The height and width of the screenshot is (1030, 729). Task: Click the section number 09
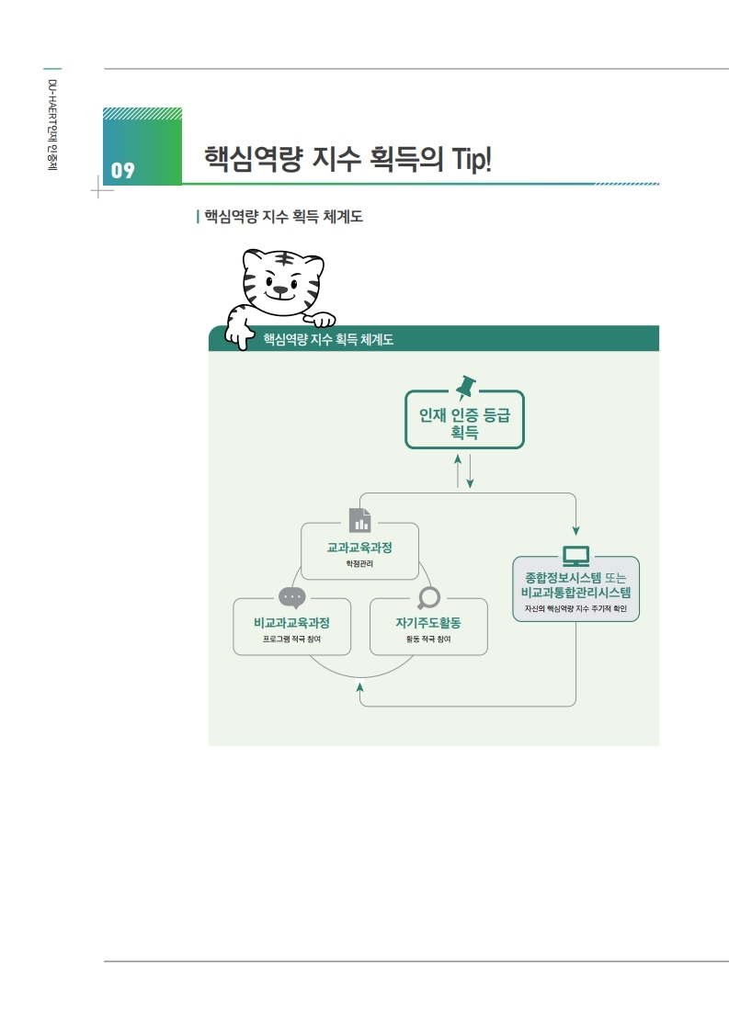pyautogui.click(x=123, y=170)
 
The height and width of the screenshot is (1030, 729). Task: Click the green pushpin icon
pyautogui.click(x=464, y=384)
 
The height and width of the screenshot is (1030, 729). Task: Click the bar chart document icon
pyautogui.click(x=359, y=521)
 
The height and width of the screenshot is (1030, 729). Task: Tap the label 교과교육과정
pyautogui.click(x=359, y=548)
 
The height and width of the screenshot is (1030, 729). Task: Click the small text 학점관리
pyautogui.click(x=359, y=564)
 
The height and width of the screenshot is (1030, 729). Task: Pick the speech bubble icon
pyautogui.click(x=291, y=597)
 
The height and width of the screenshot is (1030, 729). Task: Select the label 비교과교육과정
pyautogui.click(x=291, y=622)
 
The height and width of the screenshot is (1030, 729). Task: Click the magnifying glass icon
pyautogui.click(x=427, y=597)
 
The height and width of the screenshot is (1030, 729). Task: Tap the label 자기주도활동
pyautogui.click(x=427, y=622)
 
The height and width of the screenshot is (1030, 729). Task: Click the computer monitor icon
pyautogui.click(x=575, y=556)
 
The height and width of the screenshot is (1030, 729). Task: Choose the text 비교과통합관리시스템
pyautogui.click(x=575, y=593)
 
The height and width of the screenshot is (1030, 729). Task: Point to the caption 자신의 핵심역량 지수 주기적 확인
pyautogui.click(x=575, y=609)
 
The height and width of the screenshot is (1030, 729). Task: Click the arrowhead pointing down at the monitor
pyautogui.click(x=575, y=530)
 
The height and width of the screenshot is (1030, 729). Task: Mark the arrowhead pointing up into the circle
pyautogui.click(x=359, y=686)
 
